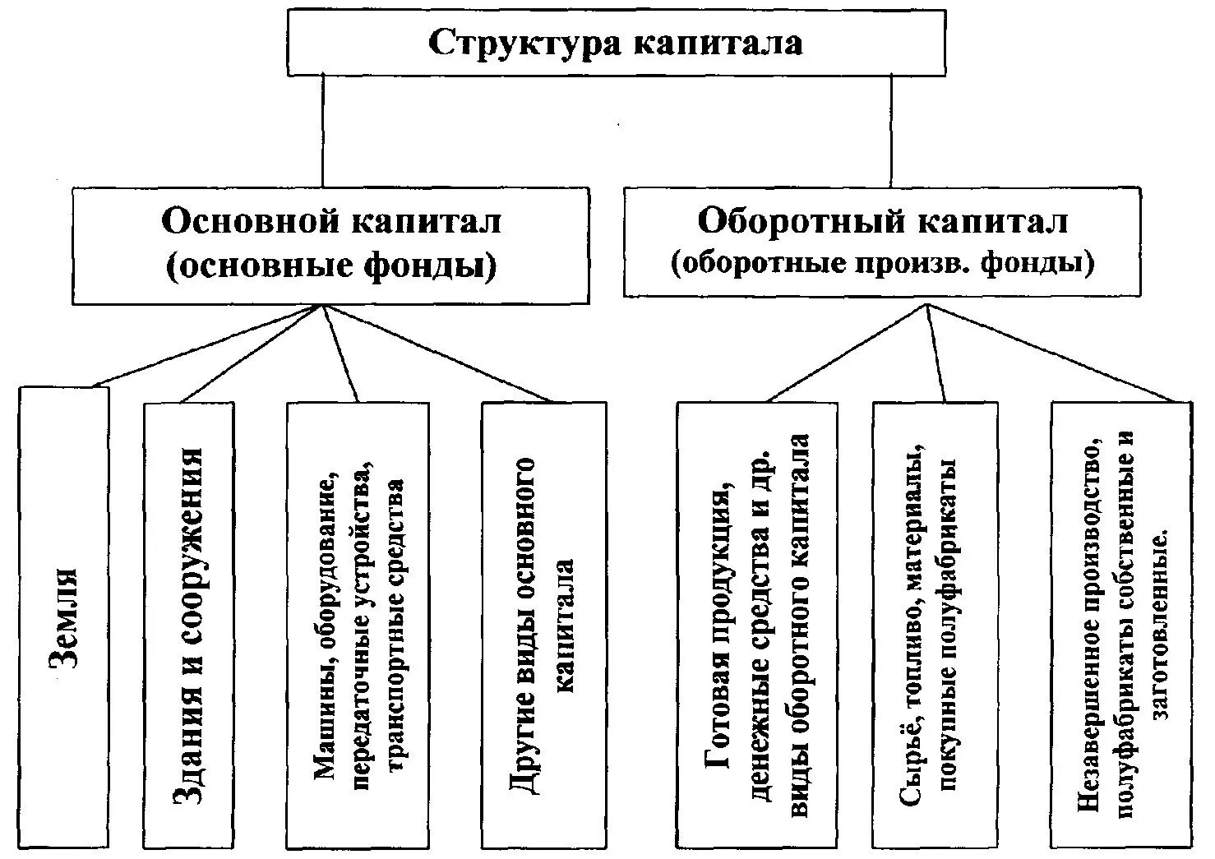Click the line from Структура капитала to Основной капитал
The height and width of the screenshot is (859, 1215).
pos(323,132)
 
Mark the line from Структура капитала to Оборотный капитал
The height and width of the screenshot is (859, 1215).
pos(891,132)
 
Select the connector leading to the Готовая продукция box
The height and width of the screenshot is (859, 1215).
pos(847,353)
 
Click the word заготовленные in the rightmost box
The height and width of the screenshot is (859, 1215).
pos(1161,625)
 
